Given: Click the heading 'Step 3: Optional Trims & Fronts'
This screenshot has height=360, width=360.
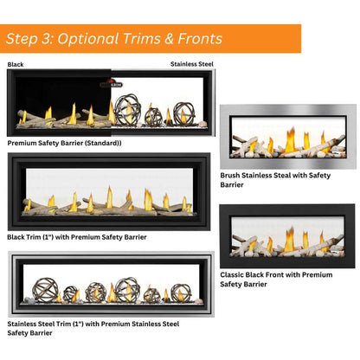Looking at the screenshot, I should point(113,39).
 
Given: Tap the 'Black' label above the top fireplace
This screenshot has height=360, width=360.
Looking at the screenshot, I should point(16,64).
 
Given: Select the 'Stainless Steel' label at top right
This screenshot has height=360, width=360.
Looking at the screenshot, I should point(191,64).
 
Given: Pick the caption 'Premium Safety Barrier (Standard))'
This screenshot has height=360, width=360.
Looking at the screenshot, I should point(64,142).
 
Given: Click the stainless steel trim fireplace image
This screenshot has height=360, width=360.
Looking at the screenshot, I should point(111,285).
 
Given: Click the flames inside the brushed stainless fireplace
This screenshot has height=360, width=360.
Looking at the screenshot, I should point(291,139).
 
